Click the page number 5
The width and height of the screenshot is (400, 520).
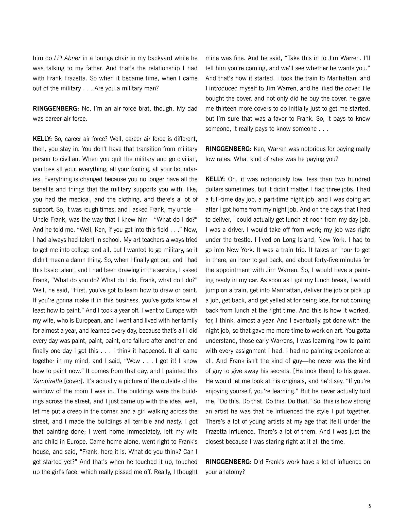[x=369, y=506]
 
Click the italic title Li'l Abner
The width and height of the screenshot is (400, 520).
[x=67, y=58]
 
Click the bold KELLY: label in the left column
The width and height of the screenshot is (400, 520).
[x=42, y=139]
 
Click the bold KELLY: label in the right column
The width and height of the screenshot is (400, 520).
[x=215, y=179]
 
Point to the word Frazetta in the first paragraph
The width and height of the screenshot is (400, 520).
[x=75, y=78]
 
